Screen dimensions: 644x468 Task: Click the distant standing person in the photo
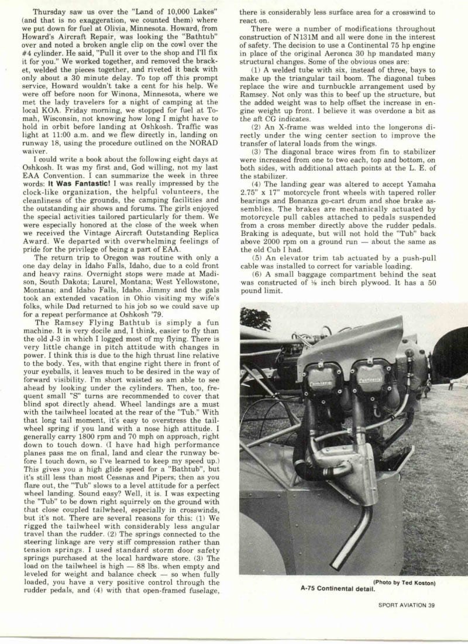pos(450,384)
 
